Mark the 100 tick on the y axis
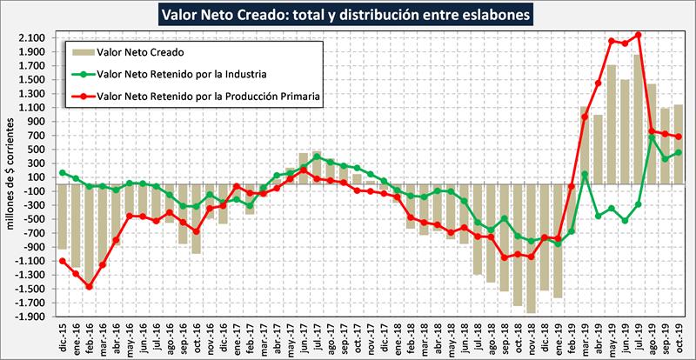[36, 177]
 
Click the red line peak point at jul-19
[639, 36]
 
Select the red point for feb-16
[89, 286]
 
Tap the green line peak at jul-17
[317, 157]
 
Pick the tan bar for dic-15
[63, 217]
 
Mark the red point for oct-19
[679, 137]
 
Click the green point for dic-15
[63, 172]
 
